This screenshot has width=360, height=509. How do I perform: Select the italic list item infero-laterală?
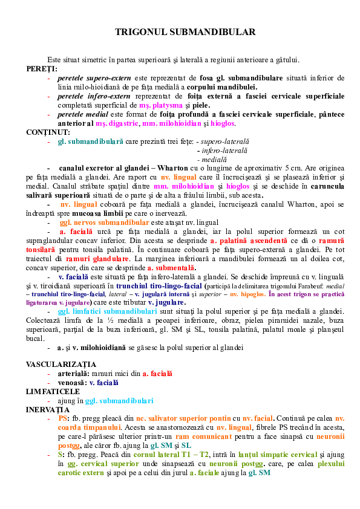[224, 149]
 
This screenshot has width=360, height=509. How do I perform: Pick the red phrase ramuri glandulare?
[99, 258]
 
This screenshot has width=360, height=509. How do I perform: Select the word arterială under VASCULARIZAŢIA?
[71, 374]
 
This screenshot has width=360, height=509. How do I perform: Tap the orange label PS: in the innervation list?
[63, 418]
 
